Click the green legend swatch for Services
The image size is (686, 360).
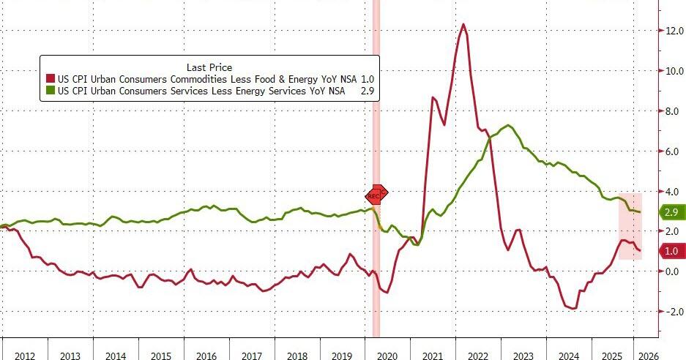pyautogui.click(x=50, y=91)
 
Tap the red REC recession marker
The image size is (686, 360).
pyautogui.click(x=376, y=195)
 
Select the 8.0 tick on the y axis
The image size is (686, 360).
pyautogui.click(x=673, y=111)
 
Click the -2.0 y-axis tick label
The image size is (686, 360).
pyautogui.click(x=671, y=312)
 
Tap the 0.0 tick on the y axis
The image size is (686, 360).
pyautogui.click(x=673, y=271)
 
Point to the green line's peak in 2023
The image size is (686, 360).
pyautogui.click(x=509, y=125)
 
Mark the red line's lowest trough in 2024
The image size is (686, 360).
pyautogui.click(x=573, y=309)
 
